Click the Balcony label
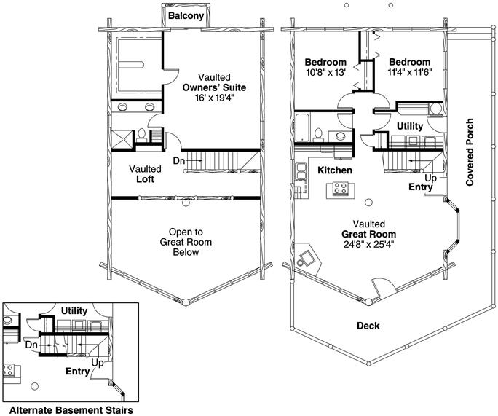click(186, 16)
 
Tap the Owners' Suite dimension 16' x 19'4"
click(214, 98)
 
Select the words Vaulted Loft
click(145, 174)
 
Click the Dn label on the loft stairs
click(179, 161)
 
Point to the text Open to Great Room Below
click(186, 242)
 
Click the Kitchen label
click(335, 170)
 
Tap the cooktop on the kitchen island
click(339, 188)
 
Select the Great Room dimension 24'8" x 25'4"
click(368, 244)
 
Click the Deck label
click(368, 326)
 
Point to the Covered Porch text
click(470, 152)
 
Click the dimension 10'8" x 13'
click(325, 72)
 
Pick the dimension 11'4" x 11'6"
click(410, 72)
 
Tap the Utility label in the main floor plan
click(410, 127)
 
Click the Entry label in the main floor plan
click(421, 187)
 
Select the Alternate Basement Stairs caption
click(71, 410)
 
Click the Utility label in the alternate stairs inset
click(74, 310)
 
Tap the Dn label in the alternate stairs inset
click(31, 345)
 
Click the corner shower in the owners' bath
click(122, 139)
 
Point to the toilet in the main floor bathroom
click(317, 135)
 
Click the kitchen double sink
click(301, 171)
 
